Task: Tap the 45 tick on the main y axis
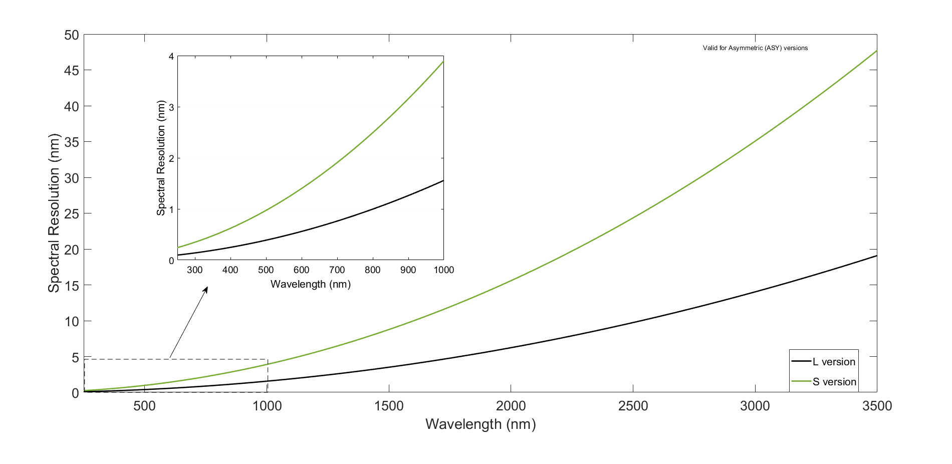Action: (72, 71)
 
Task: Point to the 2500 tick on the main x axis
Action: (633, 406)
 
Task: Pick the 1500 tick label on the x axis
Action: (389, 406)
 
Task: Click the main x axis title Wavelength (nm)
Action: (481, 424)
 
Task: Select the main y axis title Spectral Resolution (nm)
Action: (54, 213)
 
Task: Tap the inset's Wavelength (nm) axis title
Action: (311, 285)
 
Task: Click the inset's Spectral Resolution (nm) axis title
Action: (161, 158)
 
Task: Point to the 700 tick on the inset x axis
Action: (337, 270)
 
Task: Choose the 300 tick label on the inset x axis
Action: (194, 270)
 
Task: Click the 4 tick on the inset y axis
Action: (171, 57)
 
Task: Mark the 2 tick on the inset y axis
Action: (171, 158)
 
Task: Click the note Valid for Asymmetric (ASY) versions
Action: (755, 48)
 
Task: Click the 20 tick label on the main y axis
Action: (72, 250)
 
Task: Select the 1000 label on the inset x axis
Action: (443, 270)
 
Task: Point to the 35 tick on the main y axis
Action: (72, 142)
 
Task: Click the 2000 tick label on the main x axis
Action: (511, 406)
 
